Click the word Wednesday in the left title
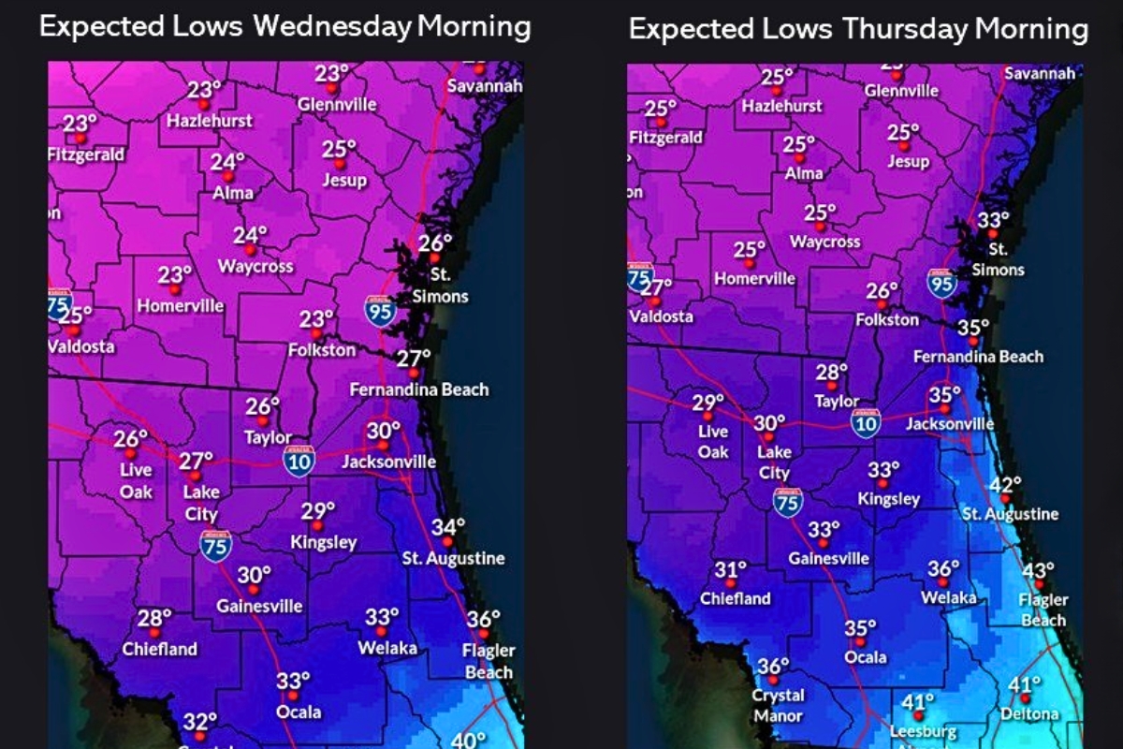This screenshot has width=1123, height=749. point(332,26)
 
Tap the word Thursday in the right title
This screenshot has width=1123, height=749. point(905,29)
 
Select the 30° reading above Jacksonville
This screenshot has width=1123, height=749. point(384,431)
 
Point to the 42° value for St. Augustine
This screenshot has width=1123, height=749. point(1006,485)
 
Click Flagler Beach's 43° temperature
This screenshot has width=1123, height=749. point(1038,571)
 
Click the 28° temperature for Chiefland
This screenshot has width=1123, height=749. point(154,618)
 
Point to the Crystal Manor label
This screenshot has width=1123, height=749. point(778,706)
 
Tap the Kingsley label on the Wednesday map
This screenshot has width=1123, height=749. point(324,542)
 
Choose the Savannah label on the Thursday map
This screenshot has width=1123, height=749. point(1040,73)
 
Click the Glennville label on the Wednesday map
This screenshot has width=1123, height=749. point(337,105)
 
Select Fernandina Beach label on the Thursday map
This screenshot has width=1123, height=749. point(978,357)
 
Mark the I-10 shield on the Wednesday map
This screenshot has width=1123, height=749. point(299,461)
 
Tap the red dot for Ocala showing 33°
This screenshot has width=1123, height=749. point(292,696)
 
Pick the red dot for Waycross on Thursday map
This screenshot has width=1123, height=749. point(820,227)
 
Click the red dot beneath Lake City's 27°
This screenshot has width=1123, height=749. point(195,476)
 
